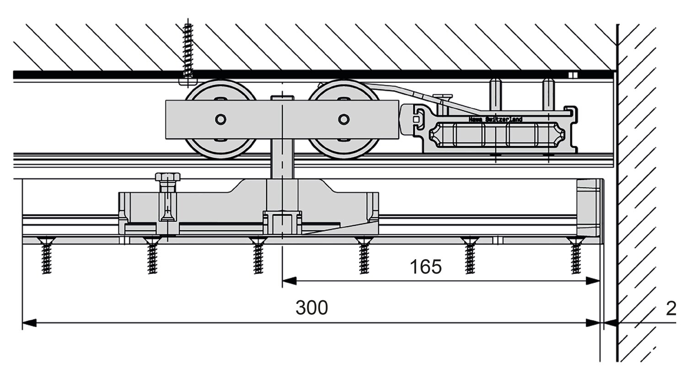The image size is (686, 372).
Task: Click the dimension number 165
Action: [x=425, y=267]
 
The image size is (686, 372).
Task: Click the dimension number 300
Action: [x=311, y=308]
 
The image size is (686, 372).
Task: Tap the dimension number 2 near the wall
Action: [x=671, y=309]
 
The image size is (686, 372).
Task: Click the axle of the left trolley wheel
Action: [x=221, y=119]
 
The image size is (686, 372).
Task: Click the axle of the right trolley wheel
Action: [x=343, y=119]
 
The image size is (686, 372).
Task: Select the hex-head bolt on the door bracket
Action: [x=167, y=177]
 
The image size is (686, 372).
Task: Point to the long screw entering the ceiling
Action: [x=188, y=53]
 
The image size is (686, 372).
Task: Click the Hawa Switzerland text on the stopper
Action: [x=495, y=119]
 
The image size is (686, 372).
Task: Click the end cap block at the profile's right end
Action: [x=589, y=207]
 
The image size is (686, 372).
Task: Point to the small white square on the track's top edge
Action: [x=573, y=75]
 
